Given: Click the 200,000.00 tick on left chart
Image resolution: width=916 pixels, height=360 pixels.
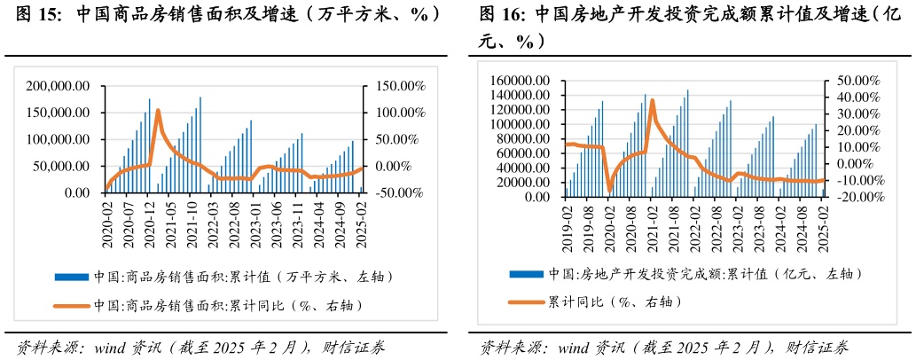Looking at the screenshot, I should coord(59,86).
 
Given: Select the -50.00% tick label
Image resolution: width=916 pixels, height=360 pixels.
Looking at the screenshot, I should coord(395,192).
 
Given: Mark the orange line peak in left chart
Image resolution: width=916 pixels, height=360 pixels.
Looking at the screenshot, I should coord(157,110).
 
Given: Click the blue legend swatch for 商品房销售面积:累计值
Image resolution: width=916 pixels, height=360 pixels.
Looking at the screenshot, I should coord(71,276).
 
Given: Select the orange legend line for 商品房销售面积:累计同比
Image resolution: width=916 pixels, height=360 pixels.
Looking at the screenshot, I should coord(71,306).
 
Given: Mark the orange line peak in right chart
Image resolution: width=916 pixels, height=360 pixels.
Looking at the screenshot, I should coord(653,100).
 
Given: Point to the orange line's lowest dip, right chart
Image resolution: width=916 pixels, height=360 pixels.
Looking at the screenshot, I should coord(609,188).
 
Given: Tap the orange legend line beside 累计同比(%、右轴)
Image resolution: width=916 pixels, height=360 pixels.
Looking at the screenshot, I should coord(525,301).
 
